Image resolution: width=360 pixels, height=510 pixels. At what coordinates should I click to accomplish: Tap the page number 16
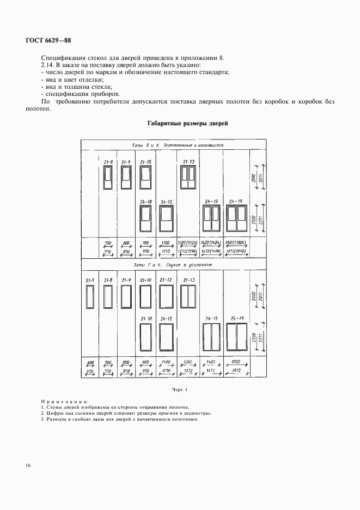[x=28, y=465]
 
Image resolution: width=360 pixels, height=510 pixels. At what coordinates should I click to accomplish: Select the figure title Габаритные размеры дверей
[x=187, y=124]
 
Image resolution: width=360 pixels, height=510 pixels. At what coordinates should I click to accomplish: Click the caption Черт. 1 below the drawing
[x=179, y=390]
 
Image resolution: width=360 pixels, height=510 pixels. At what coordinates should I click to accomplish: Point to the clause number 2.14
[x=48, y=65]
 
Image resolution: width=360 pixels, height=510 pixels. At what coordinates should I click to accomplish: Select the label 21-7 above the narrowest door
[x=90, y=280]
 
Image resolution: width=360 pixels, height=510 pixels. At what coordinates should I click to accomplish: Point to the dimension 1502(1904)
[x=235, y=243]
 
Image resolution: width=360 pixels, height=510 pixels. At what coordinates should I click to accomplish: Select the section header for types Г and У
[x=173, y=265]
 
